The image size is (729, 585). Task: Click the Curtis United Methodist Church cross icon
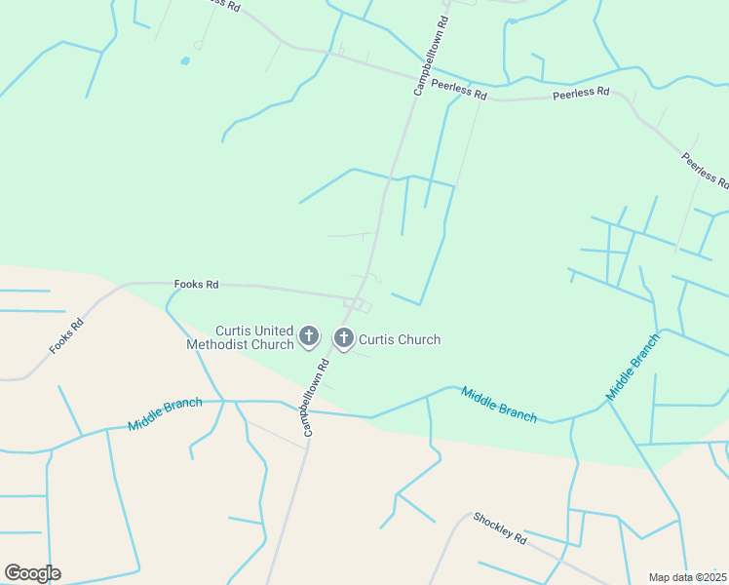coord(308,337)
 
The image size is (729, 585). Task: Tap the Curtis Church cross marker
coord(343,338)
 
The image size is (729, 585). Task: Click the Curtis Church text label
coord(400,339)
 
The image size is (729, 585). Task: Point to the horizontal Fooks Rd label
coord(196,285)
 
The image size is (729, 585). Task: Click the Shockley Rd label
coord(499,527)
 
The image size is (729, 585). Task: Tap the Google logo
coord(32,573)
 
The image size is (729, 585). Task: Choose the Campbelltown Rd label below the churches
coord(316,399)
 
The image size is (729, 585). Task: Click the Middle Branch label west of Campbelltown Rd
coord(165,414)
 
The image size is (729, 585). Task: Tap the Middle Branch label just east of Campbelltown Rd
coord(498,405)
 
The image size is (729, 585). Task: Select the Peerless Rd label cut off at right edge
coord(705,171)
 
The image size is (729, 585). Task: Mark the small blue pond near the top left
coord(184,62)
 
